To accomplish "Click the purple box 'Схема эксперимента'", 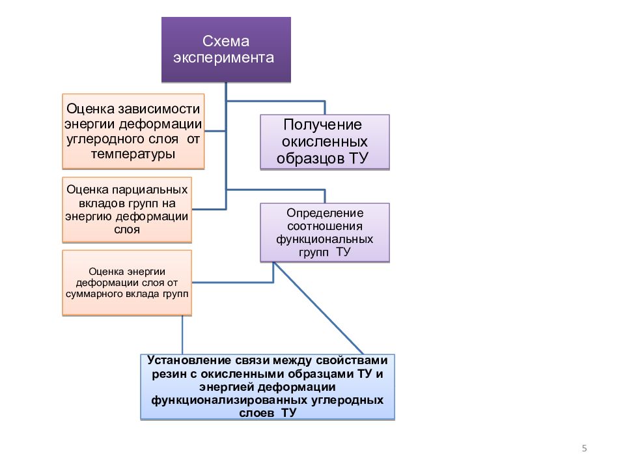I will [226, 50].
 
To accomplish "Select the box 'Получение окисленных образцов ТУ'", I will [324, 142].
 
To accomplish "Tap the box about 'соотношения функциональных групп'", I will [324, 233].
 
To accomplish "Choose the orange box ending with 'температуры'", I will [133, 130].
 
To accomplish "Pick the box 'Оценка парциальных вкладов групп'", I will [127, 209].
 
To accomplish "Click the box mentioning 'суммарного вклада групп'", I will [127, 283].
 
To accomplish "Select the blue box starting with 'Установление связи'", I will [268, 387].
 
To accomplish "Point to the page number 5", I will [584, 448].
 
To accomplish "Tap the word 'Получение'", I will [322, 125].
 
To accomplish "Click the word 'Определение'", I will [324, 213].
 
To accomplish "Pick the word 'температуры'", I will [133, 154].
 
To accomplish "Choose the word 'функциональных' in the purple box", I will [324, 239].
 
